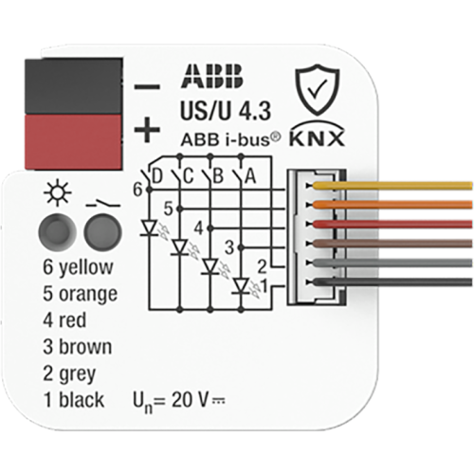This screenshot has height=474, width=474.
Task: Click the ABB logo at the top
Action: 211,76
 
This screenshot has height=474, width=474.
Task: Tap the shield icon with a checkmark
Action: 318,90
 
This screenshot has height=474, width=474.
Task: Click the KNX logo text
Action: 317,138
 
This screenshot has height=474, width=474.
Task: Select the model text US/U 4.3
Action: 226,111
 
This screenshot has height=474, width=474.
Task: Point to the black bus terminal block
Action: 73,85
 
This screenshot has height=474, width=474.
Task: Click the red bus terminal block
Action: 73,142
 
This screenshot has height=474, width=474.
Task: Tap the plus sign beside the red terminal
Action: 147,130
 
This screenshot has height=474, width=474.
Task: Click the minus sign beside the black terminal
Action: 147,86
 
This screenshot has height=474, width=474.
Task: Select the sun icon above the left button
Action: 58,193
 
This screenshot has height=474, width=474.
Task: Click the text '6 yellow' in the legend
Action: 78,267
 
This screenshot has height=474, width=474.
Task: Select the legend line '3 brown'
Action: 78,347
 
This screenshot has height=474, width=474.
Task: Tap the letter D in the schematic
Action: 157,176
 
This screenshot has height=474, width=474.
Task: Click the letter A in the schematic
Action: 250,176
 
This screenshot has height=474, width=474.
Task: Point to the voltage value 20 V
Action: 190,400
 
